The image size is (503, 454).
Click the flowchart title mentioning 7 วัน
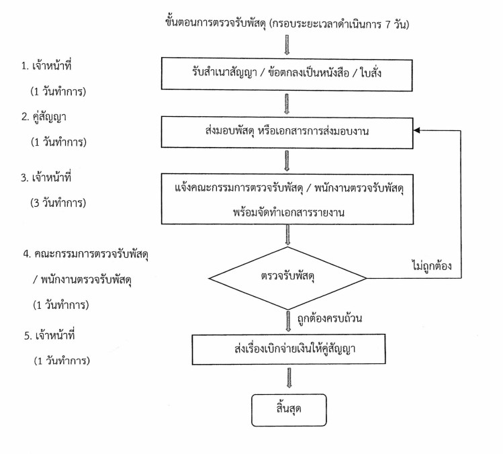287,24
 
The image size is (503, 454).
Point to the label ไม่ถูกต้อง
431,266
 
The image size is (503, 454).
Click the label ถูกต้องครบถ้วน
330,318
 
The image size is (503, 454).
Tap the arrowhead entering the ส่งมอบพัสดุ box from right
416,130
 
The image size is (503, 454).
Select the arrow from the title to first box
287,45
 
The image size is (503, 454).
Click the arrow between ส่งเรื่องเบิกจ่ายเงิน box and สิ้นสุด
289,378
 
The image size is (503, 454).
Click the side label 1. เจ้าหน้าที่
46,65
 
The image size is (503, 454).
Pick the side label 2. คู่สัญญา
44,117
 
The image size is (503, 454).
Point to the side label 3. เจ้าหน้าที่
46,177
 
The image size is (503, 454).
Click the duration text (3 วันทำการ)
58,203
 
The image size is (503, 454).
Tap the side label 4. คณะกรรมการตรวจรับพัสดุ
86,254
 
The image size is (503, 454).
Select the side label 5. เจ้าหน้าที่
50,335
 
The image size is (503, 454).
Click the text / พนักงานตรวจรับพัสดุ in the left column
82,280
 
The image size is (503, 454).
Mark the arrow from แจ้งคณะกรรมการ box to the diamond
287,235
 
